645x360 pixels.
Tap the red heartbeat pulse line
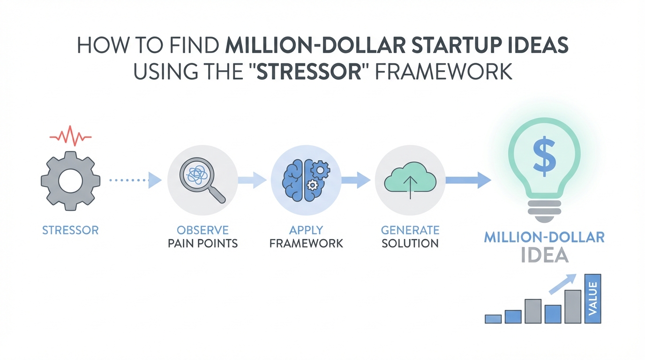pyautogui.click(x=70, y=136)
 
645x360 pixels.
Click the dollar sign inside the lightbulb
pyautogui.click(x=544, y=156)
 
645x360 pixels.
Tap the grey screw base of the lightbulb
pyautogui.click(x=544, y=212)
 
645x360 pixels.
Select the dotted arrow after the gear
pyautogui.click(x=135, y=180)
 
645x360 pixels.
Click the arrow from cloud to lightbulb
pyautogui.click(x=468, y=180)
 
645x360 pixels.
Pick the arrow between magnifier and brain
pyautogui.click(x=252, y=180)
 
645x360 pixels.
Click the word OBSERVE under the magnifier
pyautogui.click(x=202, y=230)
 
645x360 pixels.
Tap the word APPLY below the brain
pyautogui.click(x=306, y=230)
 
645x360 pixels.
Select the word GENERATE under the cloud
pyautogui.click(x=410, y=230)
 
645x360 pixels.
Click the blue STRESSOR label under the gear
pyautogui.click(x=70, y=230)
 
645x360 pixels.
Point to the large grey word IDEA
pyautogui.click(x=545, y=255)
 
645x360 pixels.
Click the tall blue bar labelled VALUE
pyautogui.click(x=592, y=299)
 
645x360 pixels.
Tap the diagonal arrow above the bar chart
pyautogui.click(x=562, y=284)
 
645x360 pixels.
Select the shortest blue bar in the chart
pyautogui.click(x=493, y=319)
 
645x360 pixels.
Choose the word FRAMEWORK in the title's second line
pyautogui.click(x=444, y=71)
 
